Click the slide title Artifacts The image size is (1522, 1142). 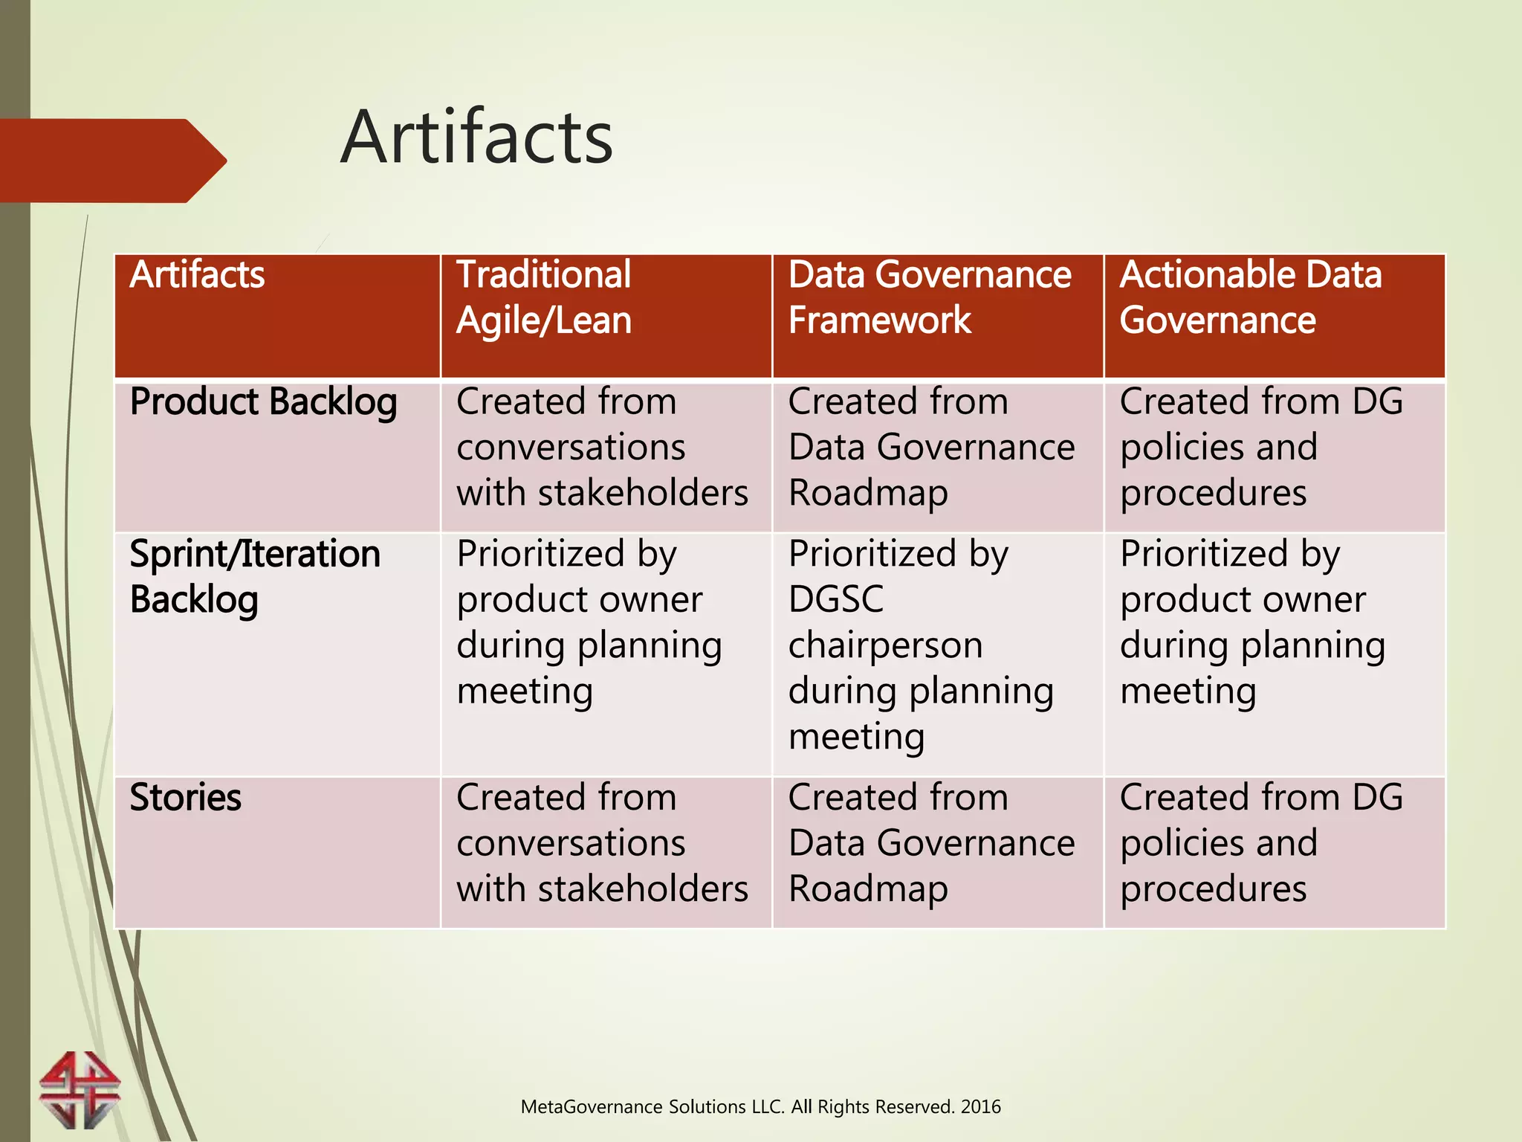tap(476, 138)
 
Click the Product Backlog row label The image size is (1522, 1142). tap(263, 402)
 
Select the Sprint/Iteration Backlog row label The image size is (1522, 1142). tap(255, 577)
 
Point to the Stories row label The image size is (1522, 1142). tap(186, 798)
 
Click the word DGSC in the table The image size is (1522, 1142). tap(836, 599)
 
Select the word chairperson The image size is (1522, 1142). tap(885, 645)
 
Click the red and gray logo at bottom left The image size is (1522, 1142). tap(80, 1089)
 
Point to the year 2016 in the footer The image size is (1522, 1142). tap(980, 1107)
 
